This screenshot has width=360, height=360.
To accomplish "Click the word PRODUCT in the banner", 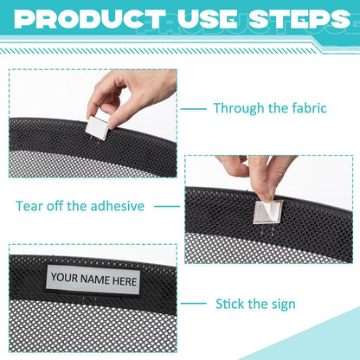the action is click(90, 19).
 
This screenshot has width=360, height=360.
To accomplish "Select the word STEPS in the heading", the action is click(300, 19).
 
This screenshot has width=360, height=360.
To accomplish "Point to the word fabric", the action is click(309, 108).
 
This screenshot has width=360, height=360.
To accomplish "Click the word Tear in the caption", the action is click(29, 206).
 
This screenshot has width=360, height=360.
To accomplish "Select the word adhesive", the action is click(117, 206).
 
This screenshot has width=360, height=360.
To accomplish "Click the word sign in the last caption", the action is click(284, 305).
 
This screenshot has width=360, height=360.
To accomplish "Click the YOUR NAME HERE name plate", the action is click(93, 280).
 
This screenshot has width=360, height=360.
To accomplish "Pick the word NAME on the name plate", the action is click(95, 280).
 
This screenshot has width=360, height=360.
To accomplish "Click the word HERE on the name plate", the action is click(125, 281).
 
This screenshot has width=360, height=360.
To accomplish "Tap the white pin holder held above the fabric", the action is click(97, 127).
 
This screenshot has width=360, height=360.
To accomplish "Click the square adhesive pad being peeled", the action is click(267, 212).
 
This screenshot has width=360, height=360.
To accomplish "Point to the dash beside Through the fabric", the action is click(193, 109).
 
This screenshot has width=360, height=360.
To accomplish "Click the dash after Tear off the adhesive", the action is click(167, 206).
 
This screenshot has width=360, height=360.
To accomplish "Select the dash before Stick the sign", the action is click(193, 304).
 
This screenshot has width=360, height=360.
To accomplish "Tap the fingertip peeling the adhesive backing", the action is click(266, 197).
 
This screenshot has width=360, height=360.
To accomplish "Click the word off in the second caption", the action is click(55, 206).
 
